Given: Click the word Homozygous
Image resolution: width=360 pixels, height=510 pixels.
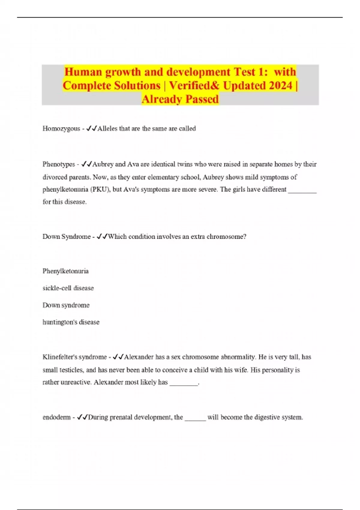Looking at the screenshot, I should click(61, 129).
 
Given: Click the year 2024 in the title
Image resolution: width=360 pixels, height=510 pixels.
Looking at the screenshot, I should click(280, 85).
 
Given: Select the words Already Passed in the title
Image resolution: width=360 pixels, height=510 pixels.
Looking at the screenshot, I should click(180, 99).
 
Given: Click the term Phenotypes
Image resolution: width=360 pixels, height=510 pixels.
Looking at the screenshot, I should click(59, 164).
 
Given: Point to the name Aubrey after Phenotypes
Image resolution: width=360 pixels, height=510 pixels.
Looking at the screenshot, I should click(103, 164).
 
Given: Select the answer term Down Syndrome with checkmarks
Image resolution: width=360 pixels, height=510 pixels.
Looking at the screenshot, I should click(66, 237).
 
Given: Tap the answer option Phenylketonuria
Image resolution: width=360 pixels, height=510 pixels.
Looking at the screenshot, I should click(65, 271).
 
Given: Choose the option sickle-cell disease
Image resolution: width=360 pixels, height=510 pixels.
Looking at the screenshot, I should click(68, 288).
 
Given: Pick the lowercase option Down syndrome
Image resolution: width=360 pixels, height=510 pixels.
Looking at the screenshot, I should click(66, 305).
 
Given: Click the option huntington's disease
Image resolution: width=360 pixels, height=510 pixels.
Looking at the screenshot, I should click(71, 322).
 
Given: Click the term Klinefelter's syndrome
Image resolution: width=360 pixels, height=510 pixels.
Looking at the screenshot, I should click(75, 357).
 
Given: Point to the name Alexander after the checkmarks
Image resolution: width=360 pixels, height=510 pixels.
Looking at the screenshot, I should click(139, 357).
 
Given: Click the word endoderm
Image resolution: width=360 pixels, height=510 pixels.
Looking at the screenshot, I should click(56, 417).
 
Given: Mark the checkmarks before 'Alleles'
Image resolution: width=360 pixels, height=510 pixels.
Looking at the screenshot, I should click(91, 129).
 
